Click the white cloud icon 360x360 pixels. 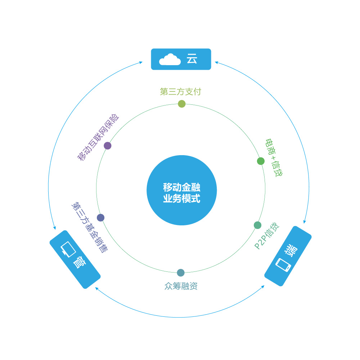[x=170, y=59]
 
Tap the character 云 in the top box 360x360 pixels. [x=192, y=59]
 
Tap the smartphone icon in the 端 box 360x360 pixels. [x=283, y=265]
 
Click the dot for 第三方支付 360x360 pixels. [x=182, y=104]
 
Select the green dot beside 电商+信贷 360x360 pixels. [x=261, y=161]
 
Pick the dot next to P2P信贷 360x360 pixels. [x=257, y=225]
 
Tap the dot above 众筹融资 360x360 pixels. [x=181, y=273]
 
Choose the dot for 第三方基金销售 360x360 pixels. [x=101, y=217]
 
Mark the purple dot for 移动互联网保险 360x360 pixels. [x=107, y=145]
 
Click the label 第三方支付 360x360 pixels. [x=180, y=91]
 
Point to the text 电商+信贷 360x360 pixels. [x=274, y=157]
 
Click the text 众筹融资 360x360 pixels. [x=181, y=286]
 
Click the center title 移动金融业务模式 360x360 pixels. [x=181, y=193]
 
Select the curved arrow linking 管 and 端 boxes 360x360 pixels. [x=180, y=317]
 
